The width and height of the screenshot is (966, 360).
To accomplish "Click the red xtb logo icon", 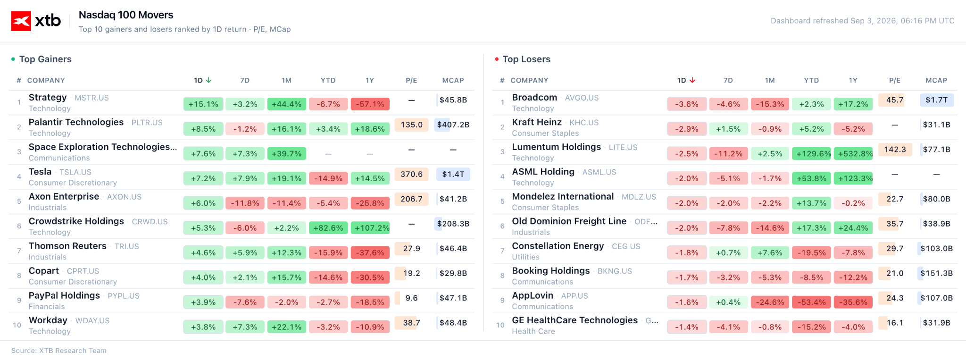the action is tap(21, 21).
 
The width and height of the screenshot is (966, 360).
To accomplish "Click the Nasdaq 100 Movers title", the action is tap(126, 15).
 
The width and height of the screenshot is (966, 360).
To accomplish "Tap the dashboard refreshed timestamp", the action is tap(862, 21).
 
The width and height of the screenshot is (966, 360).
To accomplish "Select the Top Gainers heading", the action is tap(45, 59).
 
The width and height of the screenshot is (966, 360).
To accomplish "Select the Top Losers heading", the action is tap(526, 59).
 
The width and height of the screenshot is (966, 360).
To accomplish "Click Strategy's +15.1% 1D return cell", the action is tap(203, 104).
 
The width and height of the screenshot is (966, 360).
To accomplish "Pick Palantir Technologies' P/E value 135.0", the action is tap(411, 125).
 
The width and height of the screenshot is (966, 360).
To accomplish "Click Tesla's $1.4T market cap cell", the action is tap(453, 174).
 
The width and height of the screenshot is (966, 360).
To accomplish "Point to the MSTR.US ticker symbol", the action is tap(92, 98).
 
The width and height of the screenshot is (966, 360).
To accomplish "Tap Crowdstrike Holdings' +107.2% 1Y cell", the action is tap(370, 228).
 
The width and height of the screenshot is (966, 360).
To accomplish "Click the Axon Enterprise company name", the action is tap(64, 196).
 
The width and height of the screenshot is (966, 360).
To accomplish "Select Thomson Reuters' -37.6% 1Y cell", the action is tap(370, 253).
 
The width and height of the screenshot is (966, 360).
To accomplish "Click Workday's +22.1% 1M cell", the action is tap(287, 327).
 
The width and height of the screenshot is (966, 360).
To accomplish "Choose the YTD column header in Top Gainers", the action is tap(328, 80).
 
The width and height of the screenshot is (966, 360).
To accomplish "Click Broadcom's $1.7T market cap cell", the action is tap(936, 100).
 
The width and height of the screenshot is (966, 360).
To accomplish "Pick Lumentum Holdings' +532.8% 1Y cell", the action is tap(853, 154).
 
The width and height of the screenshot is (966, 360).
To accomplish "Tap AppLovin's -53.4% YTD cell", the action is tap(812, 302).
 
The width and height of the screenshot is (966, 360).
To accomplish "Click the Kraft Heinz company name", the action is tap(537, 122).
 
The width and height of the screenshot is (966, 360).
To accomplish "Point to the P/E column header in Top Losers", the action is tap(895, 80).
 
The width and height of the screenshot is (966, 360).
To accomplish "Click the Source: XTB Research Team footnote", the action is tap(59, 351).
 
